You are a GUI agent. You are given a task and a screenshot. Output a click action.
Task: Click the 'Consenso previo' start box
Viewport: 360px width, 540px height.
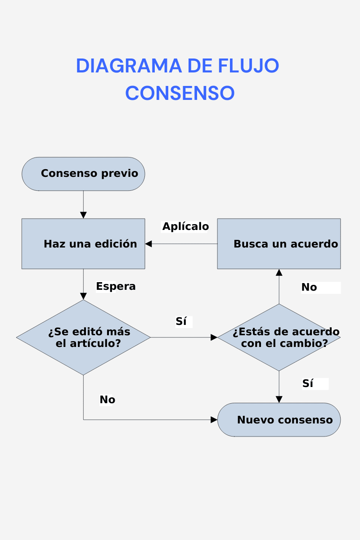(83, 174)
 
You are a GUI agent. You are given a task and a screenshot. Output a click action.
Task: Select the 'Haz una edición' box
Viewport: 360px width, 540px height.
(83, 244)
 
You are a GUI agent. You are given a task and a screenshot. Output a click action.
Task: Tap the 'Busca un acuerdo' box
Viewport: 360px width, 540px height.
(279, 244)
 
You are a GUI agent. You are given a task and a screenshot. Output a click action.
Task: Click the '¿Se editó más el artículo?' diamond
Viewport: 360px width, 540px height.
(83, 337)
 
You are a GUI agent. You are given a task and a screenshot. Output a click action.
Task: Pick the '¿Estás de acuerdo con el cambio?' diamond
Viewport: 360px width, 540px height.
(279, 337)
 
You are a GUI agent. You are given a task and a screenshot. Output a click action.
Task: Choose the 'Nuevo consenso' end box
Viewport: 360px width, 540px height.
(279, 420)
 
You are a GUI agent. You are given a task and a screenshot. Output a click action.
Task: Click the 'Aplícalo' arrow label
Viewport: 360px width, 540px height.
(185, 226)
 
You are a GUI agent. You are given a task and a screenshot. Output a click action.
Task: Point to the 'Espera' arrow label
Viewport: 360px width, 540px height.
(116, 286)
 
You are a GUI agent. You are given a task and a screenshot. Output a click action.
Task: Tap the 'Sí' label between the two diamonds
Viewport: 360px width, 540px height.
(181, 321)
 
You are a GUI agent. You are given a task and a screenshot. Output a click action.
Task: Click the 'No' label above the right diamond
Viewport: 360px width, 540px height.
(309, 287)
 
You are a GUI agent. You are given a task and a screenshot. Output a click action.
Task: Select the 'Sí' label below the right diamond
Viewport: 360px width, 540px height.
(308, 383)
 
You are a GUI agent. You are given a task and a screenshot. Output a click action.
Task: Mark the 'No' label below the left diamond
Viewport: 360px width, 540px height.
(108, 400)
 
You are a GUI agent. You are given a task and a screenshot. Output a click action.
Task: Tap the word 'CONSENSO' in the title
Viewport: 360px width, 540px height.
(180, 93)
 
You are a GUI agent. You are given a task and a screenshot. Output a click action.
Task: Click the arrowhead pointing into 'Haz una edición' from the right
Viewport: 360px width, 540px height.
(148, 244)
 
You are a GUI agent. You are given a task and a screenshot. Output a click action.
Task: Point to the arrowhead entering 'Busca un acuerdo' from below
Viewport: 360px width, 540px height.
(279, 272)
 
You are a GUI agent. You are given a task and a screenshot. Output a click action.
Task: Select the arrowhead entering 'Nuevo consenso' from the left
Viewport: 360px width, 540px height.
(214, 420)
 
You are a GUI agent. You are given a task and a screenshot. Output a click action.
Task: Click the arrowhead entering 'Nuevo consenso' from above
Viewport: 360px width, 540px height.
(279, 400)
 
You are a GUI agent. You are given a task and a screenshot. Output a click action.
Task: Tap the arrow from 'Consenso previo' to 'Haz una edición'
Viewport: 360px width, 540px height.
(83, 205)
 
